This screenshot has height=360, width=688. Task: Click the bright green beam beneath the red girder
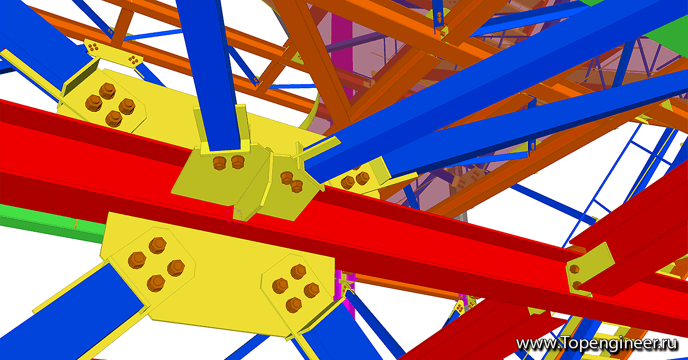[52, 223]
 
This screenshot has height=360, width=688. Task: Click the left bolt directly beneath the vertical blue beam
[219, 163]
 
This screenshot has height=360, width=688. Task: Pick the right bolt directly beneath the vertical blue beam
[238, 161]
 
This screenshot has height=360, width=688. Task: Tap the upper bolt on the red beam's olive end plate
[574, 269]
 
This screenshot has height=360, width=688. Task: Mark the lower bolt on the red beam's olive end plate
[576, 285]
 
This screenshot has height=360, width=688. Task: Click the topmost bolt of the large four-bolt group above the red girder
[107, 91]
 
